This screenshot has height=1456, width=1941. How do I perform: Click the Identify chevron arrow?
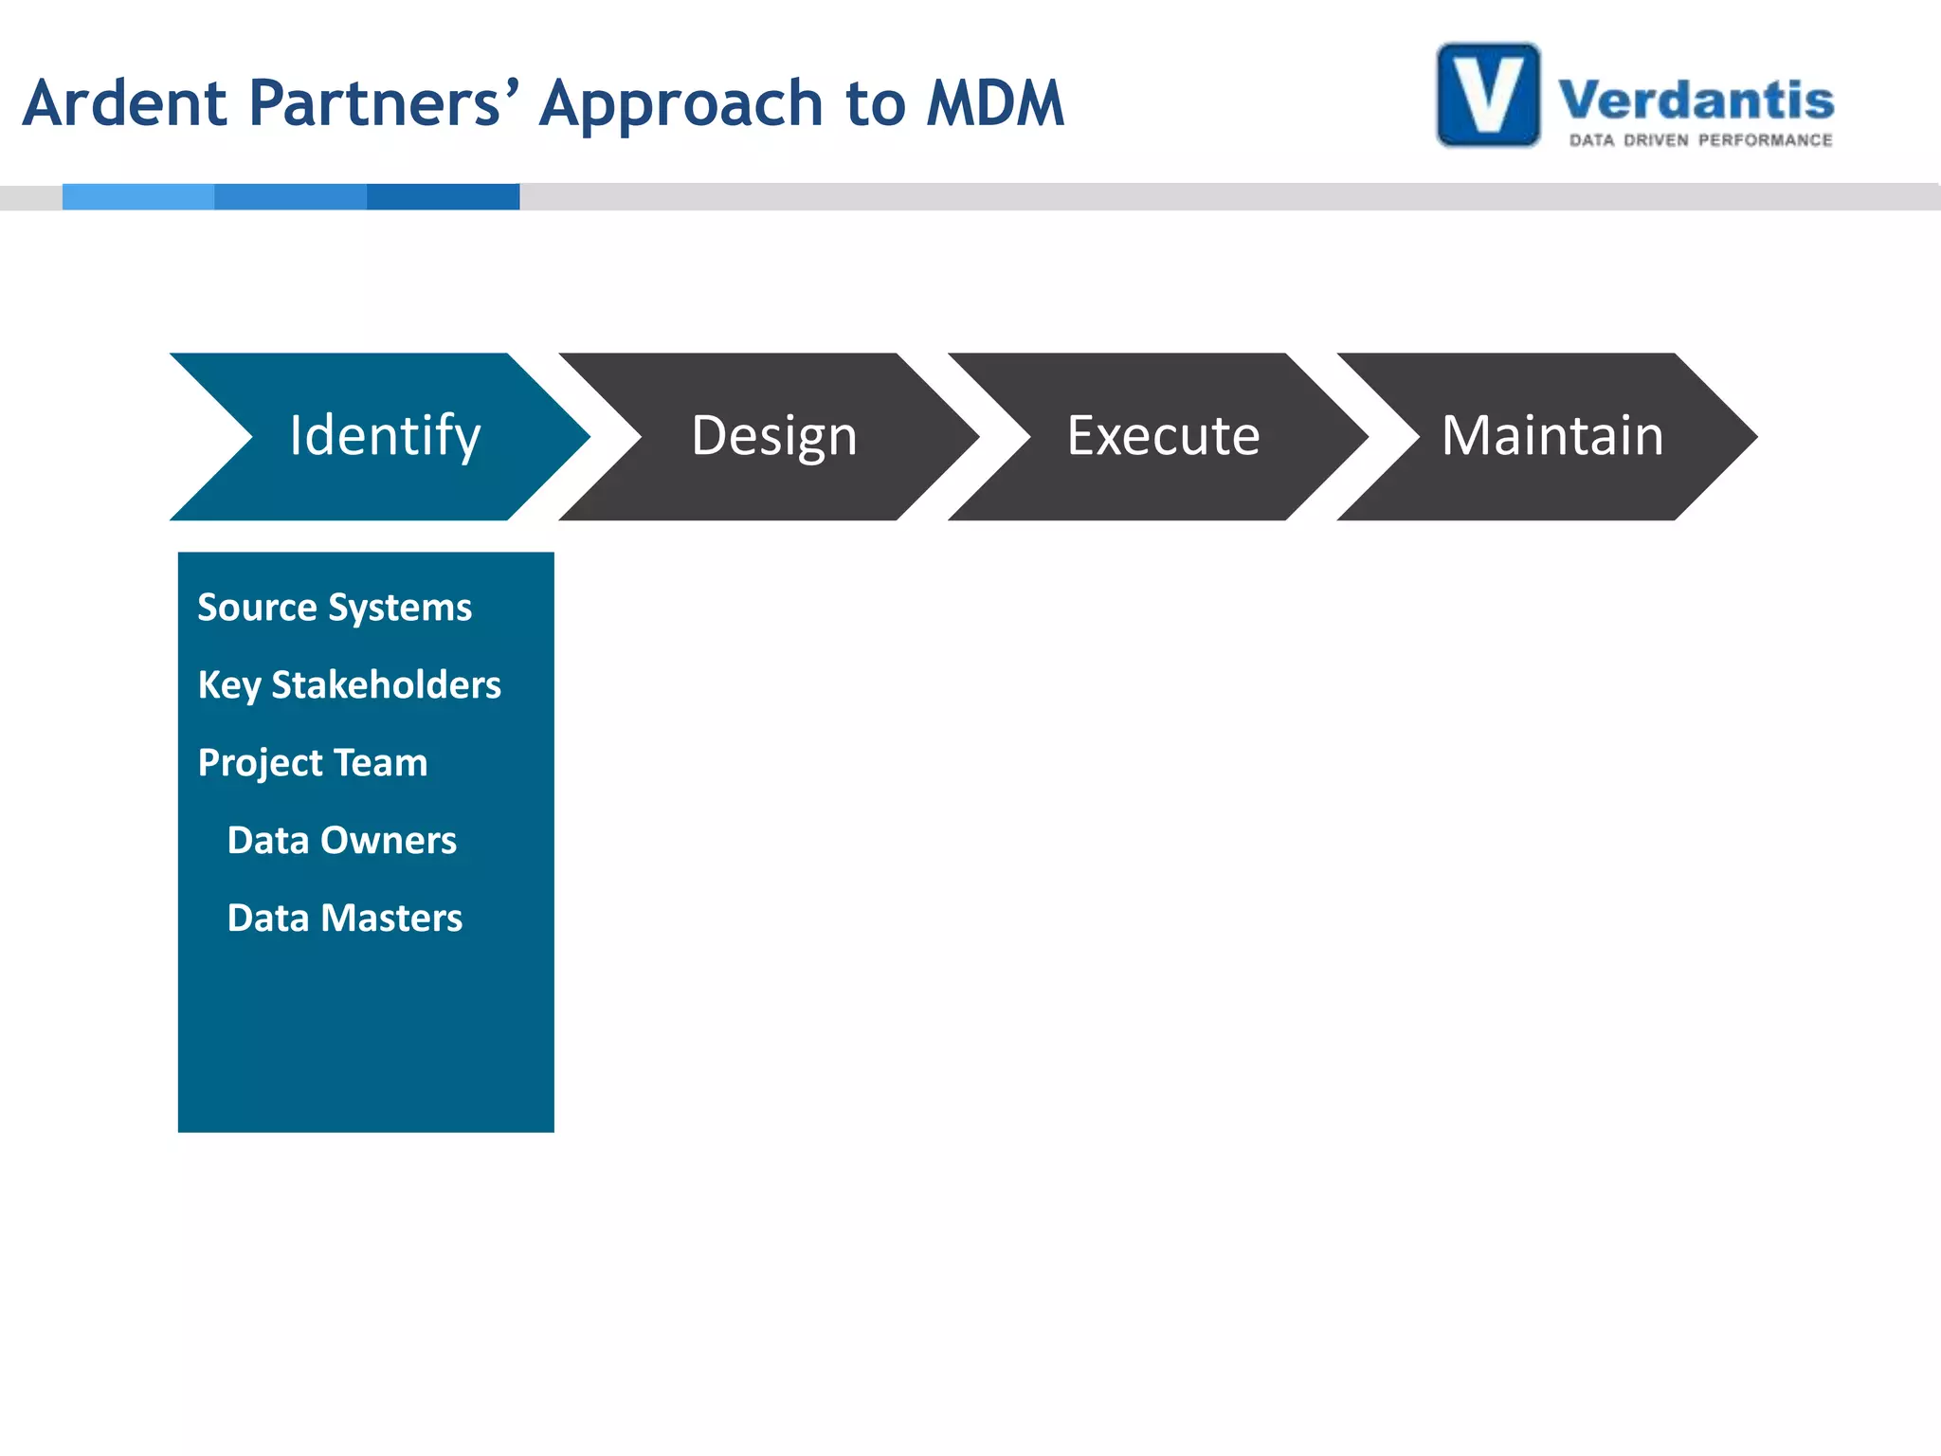pyautogui.click(x=384, y=436)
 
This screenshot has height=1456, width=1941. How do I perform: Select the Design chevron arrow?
pyautogui.click(x=773, y=436)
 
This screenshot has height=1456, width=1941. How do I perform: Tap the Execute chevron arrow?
pyautogui.click(x=1163, y=436)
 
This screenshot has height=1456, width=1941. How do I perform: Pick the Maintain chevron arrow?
pyautogui.click(x=1552, y=436)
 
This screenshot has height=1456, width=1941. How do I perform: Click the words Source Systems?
pyautogui.click(x=334, y=608)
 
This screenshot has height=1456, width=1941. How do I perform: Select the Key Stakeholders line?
pyautogui.click(x=349, y=685)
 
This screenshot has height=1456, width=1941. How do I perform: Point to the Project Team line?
pyautogui.click(x=313, y=763)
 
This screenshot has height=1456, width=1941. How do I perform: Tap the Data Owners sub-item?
pyautogui.click(x=341, y=841)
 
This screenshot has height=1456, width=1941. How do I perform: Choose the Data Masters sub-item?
pyautogui.click(x=344, y=919)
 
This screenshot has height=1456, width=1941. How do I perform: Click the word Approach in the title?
pyautogui.click(x=681, y=104)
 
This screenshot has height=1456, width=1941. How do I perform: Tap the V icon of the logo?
pyautogui.click(x=1488, y=95)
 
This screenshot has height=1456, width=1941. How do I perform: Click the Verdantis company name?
pyautogui.click(x=1696, y=100)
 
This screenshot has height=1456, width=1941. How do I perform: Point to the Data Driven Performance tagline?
pyautogui.click(x=1700, y=140)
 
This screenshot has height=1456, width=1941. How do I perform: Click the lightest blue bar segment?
pyautogui.click(x=138, y=196)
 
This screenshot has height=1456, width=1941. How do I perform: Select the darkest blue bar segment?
pyautogui.click(x=443, y=196)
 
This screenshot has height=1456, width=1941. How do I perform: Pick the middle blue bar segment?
pyautogui.click(x=290, y=196)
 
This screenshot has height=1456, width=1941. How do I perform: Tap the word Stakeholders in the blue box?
pyautogui.click(x=386, y=685)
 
